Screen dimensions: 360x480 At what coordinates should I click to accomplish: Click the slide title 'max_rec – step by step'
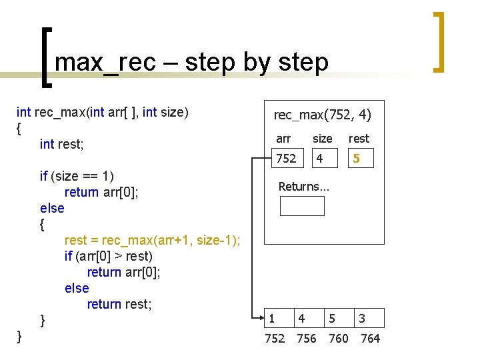(192, 62)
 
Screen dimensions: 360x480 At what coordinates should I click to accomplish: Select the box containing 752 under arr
(287, 159)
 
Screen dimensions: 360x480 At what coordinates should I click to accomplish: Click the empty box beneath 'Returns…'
(302, 206)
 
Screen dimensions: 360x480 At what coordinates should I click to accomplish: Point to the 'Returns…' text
(303, 187)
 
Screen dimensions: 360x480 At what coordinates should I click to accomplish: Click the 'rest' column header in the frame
(359, 139)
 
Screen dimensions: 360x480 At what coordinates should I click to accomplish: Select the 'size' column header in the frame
(323, 139)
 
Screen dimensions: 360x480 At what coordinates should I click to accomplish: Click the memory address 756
(307, 339)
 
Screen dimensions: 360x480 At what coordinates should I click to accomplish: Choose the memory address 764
(370, 339)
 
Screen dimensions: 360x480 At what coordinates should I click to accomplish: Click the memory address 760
(339, 339)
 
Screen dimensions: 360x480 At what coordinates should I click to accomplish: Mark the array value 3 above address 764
(362, 319)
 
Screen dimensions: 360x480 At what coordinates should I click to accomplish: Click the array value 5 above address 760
(331, 319)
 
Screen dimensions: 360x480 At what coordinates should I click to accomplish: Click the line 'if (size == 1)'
(77, 176)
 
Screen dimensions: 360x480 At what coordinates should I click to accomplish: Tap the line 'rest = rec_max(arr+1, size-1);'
(153, 240)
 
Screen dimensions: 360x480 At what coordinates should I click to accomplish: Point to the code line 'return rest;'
(119, 304)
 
